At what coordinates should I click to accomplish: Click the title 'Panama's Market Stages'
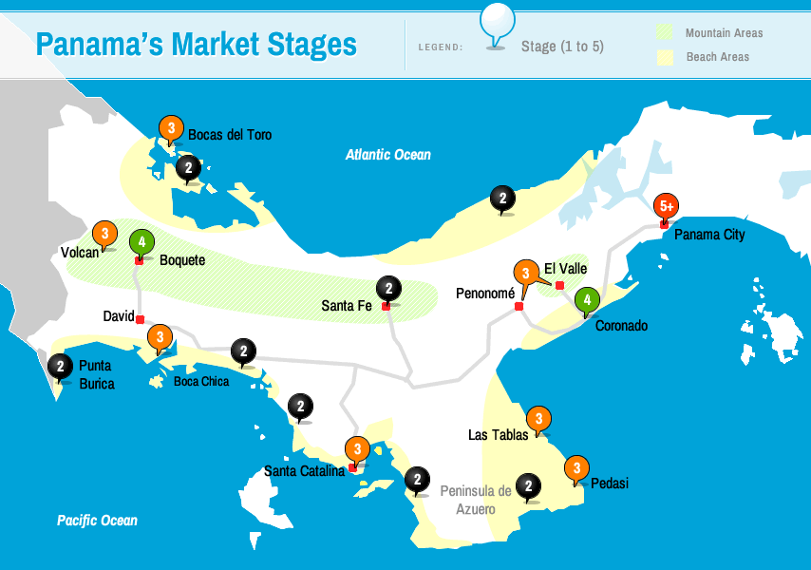196,45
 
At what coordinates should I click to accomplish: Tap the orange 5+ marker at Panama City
667,206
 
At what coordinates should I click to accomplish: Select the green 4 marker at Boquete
141,242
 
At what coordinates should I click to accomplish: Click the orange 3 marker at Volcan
104,234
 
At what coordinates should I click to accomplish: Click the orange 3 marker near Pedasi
576,468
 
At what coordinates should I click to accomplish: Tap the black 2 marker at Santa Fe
388,288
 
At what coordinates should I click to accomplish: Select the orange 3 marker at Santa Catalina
357,449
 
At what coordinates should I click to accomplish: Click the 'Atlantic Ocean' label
387,155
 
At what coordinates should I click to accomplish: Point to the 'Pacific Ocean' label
97,521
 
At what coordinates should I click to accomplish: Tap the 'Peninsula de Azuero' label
476,500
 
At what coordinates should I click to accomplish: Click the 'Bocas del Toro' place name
230,135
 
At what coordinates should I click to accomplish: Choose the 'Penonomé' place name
485,293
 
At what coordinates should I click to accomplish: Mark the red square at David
140,319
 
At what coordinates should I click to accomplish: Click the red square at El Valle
559,285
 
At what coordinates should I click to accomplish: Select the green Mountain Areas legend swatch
665,33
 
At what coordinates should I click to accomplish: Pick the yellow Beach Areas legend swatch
665,57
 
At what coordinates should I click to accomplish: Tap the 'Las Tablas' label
498,435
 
